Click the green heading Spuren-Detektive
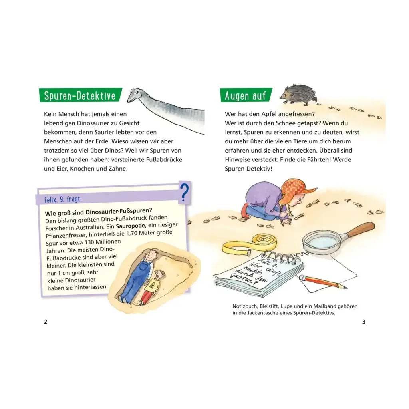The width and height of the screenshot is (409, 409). tap(80, 96)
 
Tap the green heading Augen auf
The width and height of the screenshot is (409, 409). tap(245, 96)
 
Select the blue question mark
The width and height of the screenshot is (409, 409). tap(184, 192)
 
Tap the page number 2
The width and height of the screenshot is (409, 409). tap(46, 322)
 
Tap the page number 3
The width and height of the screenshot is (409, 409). tap(364, 322)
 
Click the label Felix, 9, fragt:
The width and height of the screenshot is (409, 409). tap(63, 200)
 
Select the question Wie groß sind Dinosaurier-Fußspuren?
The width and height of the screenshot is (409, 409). tap(98, 212)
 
